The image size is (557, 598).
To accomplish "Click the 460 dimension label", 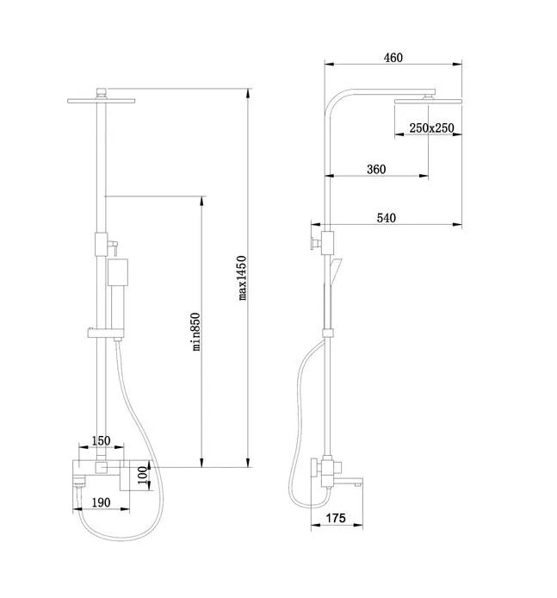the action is [x=393, y=58].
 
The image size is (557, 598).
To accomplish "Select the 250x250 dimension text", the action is [x=431, y=128].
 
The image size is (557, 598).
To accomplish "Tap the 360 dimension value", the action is [x=376, y=170].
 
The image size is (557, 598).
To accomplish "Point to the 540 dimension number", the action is [x=387, y=218].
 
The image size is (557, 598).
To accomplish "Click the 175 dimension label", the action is [x=336, y=518].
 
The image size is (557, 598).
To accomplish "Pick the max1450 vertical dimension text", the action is [x=242, y=278].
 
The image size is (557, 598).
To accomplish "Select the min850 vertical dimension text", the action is [x=195, y=332].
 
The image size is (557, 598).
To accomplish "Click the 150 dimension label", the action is [x=101, y=440].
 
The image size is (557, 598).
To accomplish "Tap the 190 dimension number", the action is [x=101, y=502].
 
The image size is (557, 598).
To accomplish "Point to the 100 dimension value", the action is [x=143, y=475].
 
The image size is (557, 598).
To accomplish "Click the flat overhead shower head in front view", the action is [x=101, y=101].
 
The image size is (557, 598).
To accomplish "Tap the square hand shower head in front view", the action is [x=117, y=272].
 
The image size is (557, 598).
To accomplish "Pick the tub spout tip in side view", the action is [x=358, y=484].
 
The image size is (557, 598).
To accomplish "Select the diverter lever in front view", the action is [x=113, y=248].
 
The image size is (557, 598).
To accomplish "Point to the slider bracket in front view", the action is [x=106, y=333].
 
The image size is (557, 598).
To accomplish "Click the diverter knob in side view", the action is [x=314, y=242].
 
